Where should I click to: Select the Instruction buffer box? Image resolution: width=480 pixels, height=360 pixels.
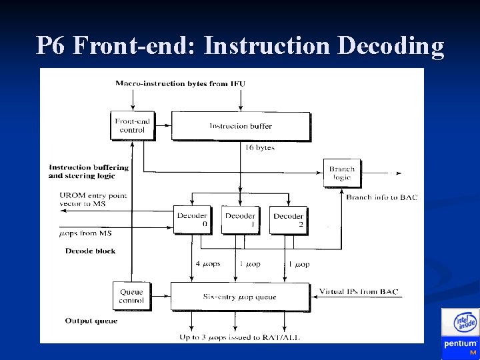(x=241, y=126)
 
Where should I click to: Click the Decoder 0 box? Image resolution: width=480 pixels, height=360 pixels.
(x=192, y=220)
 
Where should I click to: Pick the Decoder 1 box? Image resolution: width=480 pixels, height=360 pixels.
(x=240, y=220)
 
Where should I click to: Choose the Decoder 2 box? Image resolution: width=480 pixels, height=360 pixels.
(x=288, y=220)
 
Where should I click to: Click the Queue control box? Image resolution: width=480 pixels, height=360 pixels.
(x=131, y=296)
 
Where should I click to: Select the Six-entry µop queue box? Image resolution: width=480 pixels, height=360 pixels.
(x=239, y=296)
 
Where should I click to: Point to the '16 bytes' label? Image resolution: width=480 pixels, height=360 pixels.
(x=260, y=148)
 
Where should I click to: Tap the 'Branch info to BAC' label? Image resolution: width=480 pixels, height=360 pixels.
(x=381, y=197)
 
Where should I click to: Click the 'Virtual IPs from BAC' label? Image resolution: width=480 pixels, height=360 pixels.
(x=359, y=292)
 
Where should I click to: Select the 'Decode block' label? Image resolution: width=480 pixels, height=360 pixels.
(x=90, y=251)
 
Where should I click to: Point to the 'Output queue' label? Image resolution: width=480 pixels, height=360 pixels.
(x=91, y=321)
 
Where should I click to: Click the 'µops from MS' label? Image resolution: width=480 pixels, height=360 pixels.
(x=85, y=233)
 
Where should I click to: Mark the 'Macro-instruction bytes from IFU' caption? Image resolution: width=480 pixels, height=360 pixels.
(x=180, y=83)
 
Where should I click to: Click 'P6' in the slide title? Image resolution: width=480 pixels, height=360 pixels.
(x=51, y=45)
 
